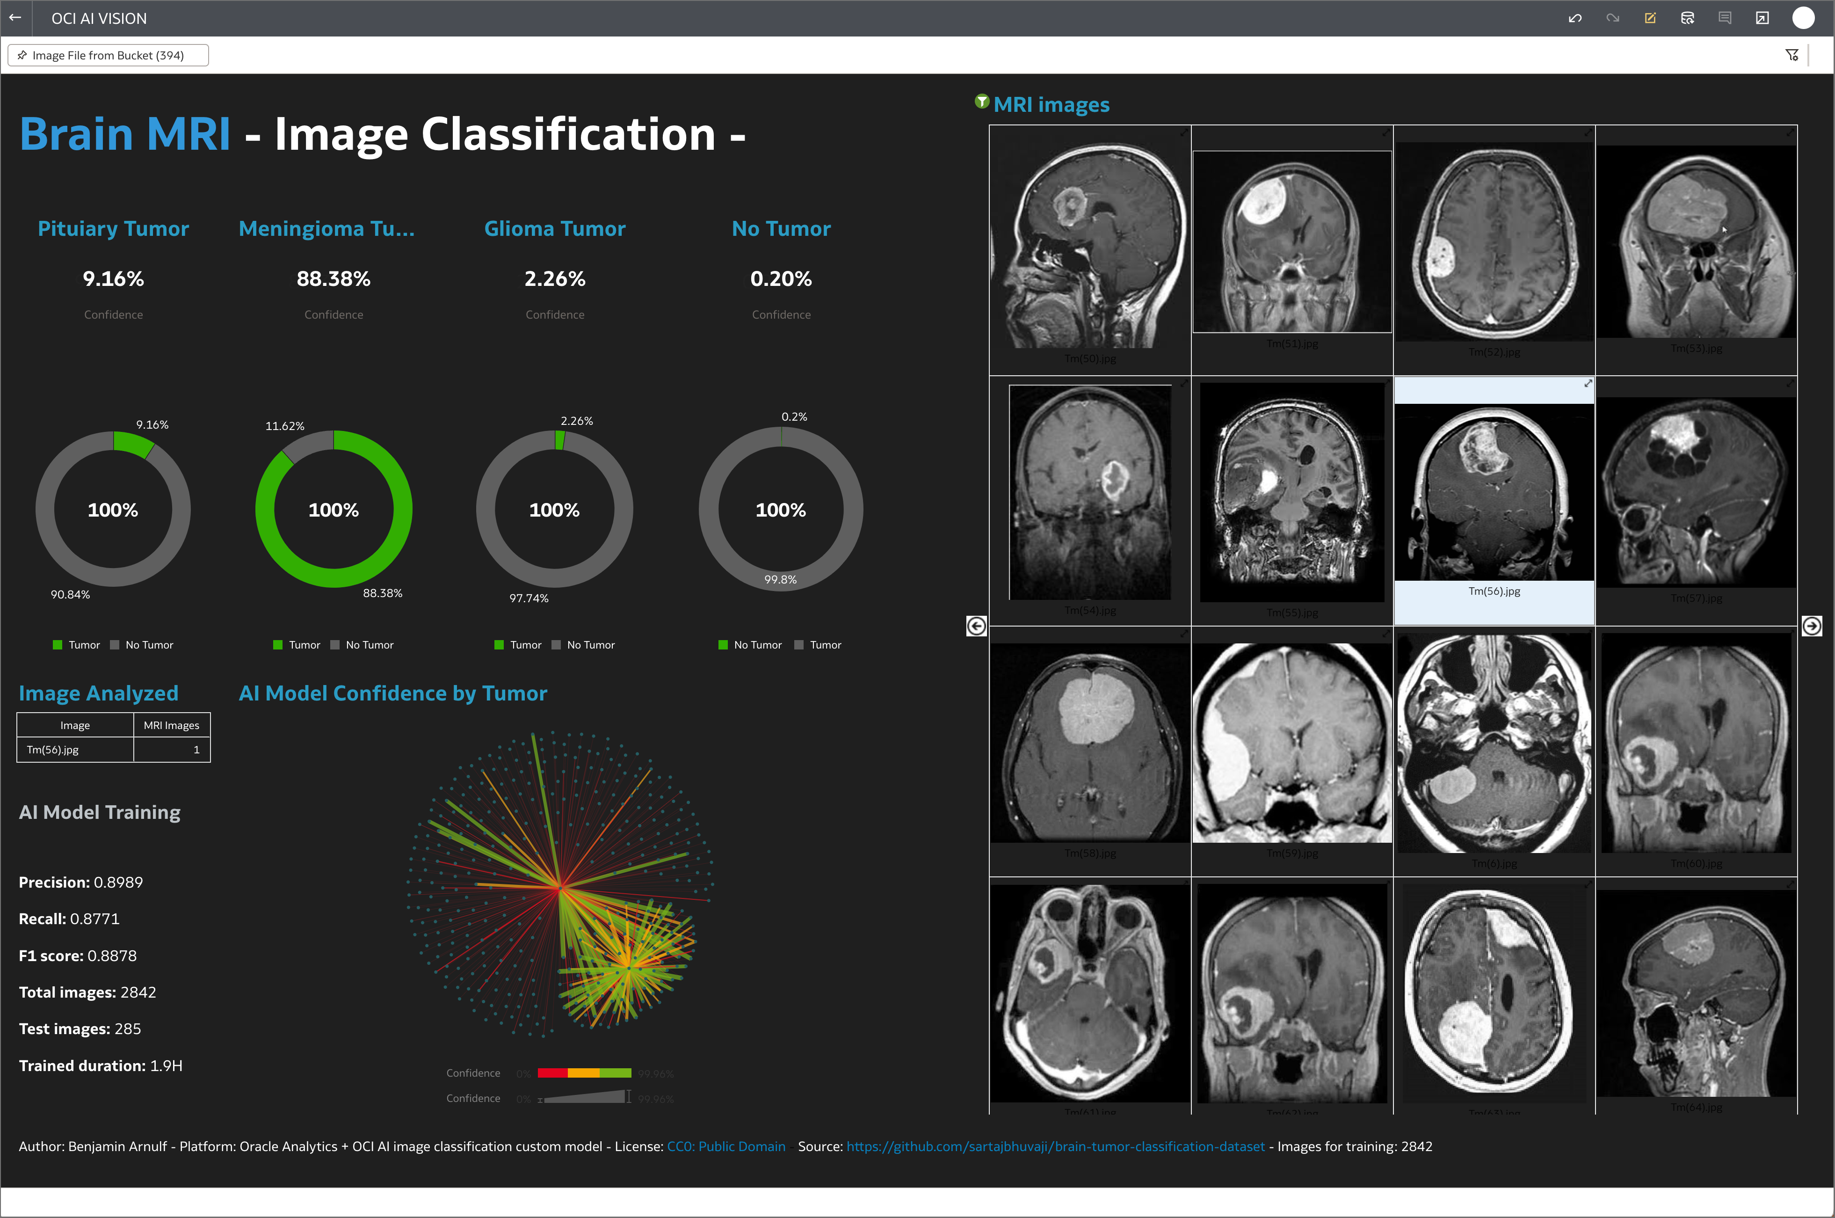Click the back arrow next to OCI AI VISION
pyautogui.click(x=15, y=18)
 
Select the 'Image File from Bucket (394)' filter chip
pyautogui.click(x=108, y=55)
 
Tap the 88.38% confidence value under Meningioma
pyautogui.click(x=333, y=279)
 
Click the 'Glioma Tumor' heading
pyautogui.click(x=554, y=228)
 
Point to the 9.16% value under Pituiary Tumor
pyautogui.click(x=113, y=279)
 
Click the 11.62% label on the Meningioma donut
pyautogui.click(x=284, y=426)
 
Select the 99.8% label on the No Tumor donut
pyautogui.click(x=780, y=579)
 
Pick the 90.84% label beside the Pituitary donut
pyautogui.click(x=70, y=594)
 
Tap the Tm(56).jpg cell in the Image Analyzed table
pyautogui.click(x=53, y=750)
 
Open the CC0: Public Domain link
pyautogui.click(x=725, y=1146)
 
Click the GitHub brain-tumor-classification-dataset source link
pyautogui.click(x=1055, y=1146)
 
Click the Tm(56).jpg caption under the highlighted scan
pyautogui.click(x=1494, y=591)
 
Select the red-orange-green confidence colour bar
pyautogui.click(x=584, y=1073)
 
